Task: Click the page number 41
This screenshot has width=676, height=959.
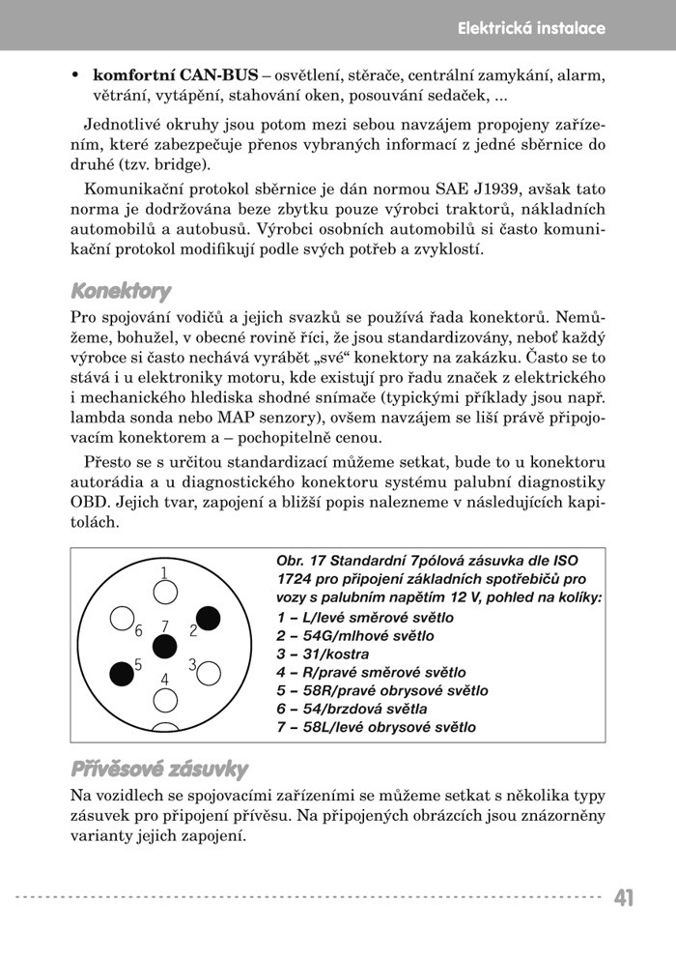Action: pyautogui.click(x=624, y=898)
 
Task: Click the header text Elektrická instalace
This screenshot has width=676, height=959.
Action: pyautogui.click(x=531, y=28)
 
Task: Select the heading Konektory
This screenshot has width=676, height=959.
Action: pyautogui.click(x=121, y=291)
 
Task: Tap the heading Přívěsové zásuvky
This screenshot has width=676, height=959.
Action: pyautogui.click(x=159, y=770)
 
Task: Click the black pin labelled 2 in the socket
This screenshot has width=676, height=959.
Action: pyautogui.click(x=210, y=618)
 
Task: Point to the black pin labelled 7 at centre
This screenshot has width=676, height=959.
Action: pyautogui.click(x=165, y=646)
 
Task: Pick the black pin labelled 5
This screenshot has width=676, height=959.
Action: pyautogui.click(x=121, y=671)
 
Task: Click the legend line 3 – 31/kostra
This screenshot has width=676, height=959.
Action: pyautogui.click(x=323, y=654)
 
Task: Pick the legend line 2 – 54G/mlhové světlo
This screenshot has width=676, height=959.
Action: pyautogui.click(x=354, y=636)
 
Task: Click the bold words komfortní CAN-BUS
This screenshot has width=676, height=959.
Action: pyautogui.click(x=175, y=75)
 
